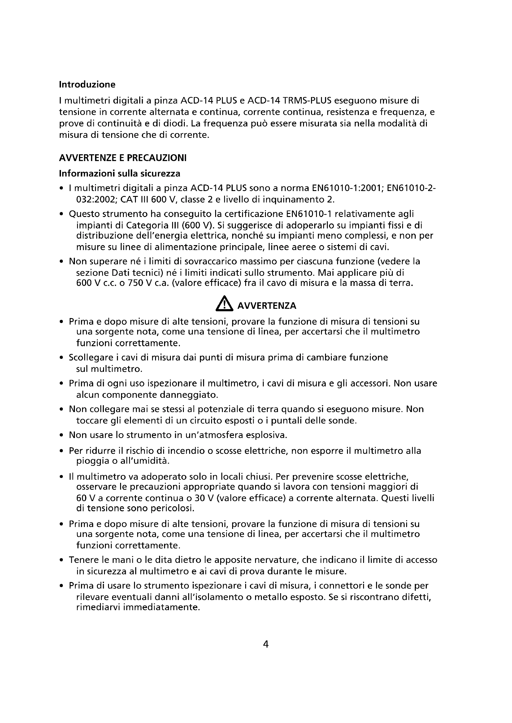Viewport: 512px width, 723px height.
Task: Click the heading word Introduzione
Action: [x=87, y=84]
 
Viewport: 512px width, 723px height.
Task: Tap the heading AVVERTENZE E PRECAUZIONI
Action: [x=123, y=158]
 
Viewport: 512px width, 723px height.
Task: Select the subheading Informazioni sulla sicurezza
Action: [x=119, y=173]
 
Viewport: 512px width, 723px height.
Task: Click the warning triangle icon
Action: [x=224, y=304]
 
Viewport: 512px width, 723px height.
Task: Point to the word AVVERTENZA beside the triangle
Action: [x=267, y=306]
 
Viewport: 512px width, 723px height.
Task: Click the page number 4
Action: [x=266, y=644]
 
